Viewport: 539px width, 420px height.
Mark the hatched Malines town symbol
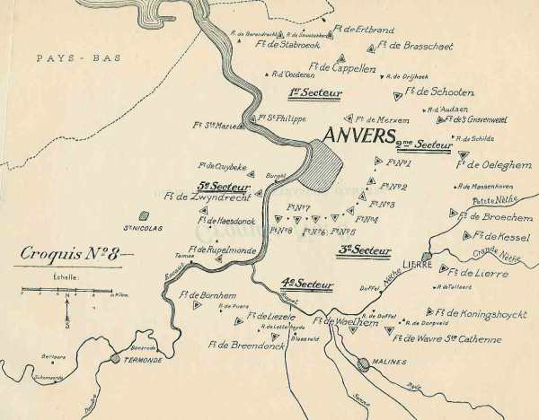pos(363,363)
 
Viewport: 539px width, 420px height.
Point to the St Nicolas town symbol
pos(142,215)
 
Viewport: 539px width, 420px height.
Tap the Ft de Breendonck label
pos(243,342)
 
